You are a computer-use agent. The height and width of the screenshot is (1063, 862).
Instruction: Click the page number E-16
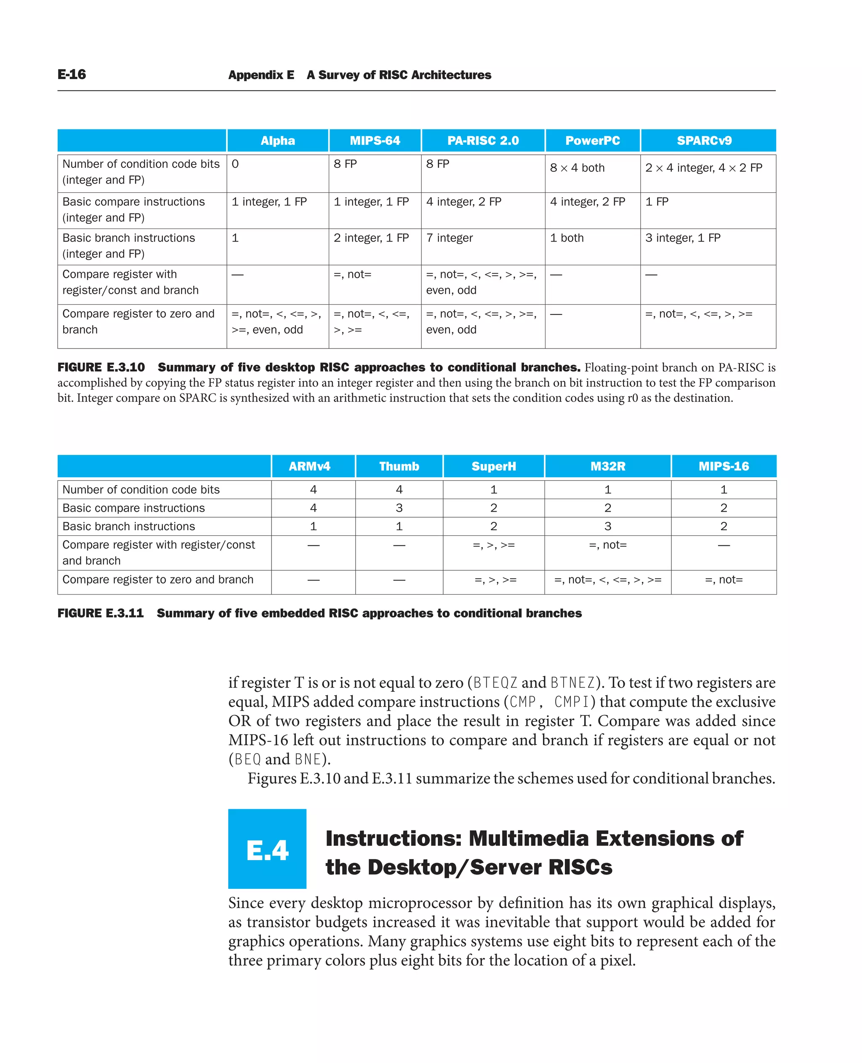coord(72,74)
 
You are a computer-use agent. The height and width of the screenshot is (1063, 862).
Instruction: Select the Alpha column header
coord(277,141)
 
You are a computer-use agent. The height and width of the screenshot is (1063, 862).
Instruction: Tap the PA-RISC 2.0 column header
coord(483,141)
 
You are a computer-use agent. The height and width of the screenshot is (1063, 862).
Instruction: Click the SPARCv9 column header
coord(704,141)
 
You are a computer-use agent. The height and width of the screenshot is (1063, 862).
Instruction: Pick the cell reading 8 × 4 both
coord(577,168)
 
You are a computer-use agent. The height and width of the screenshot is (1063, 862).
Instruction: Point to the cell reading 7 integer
coord(450,238)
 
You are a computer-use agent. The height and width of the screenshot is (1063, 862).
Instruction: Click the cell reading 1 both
coord(567,238)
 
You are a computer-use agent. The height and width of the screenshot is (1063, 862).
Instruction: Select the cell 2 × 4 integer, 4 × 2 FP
coord(703,168)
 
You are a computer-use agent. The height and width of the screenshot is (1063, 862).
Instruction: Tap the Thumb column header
coord(399,466)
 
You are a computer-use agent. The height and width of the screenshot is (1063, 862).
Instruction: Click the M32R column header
coord(607,466)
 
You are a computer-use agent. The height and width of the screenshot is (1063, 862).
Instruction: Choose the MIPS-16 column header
coord(724,466)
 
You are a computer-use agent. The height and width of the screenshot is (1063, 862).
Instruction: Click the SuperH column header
coord(494,466)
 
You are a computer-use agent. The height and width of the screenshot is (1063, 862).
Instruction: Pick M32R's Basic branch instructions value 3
coord(607,526)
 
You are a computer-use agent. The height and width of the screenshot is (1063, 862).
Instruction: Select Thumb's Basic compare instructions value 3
coord(399,508)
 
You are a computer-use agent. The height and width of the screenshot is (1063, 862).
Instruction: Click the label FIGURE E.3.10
coord(101,367)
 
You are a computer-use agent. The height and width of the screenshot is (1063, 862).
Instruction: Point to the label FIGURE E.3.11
coord(101,613)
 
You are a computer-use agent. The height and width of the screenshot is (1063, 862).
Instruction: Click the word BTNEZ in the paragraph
coord(572,683)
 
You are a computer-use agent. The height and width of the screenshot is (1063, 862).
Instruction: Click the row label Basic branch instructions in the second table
coord(129,526)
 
